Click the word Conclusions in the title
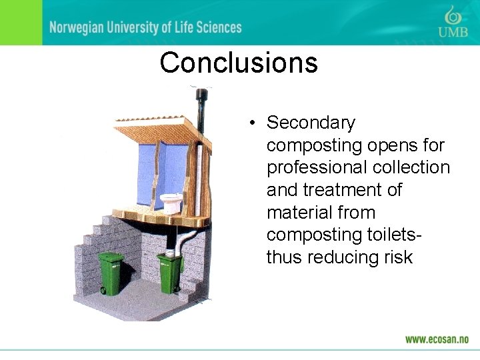(239, 63)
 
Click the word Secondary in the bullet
(311, 123)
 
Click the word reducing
(343, 257)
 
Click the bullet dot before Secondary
(251, 123)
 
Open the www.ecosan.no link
(437, 339)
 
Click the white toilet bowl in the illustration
(172, 202)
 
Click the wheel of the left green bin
(103, 290)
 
